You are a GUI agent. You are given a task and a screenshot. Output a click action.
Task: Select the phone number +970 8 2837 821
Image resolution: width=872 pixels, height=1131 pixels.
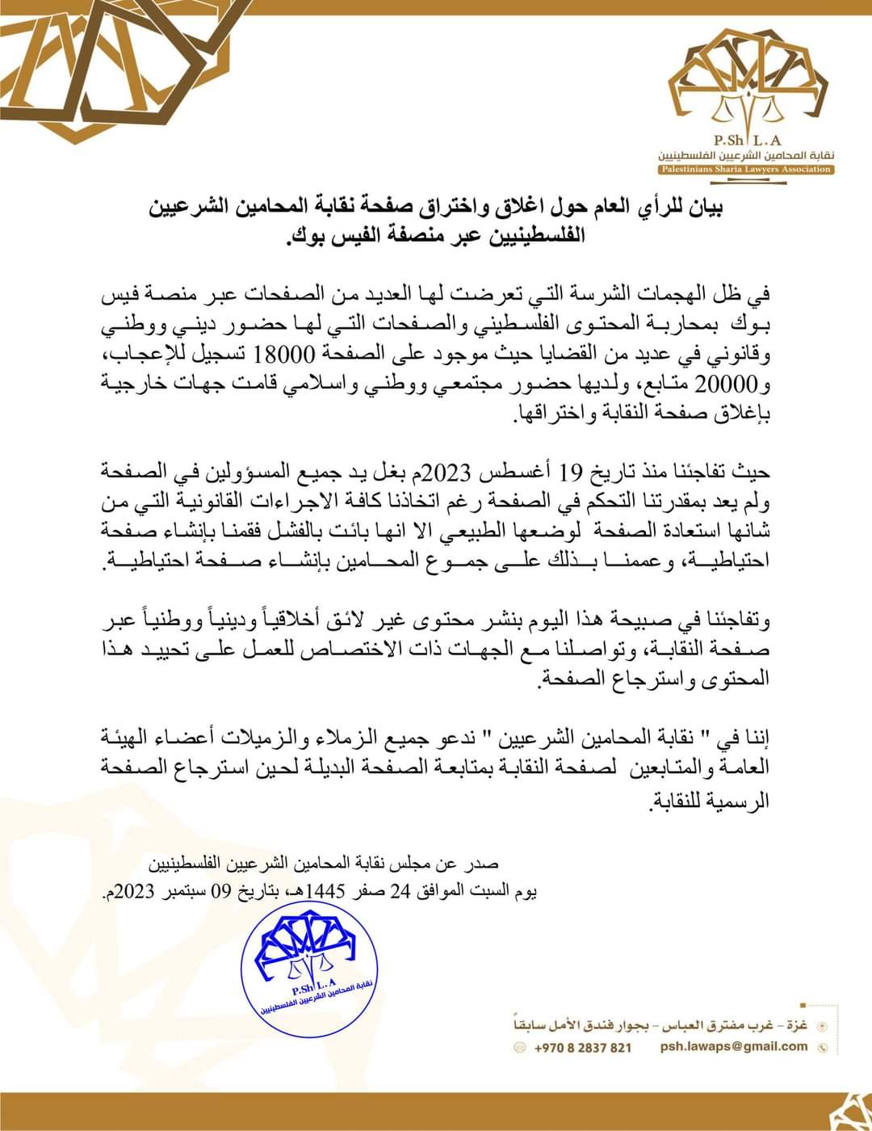(583, 1047)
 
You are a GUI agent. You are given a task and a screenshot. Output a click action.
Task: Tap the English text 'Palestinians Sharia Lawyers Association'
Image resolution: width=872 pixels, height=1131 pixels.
(743, 169)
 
